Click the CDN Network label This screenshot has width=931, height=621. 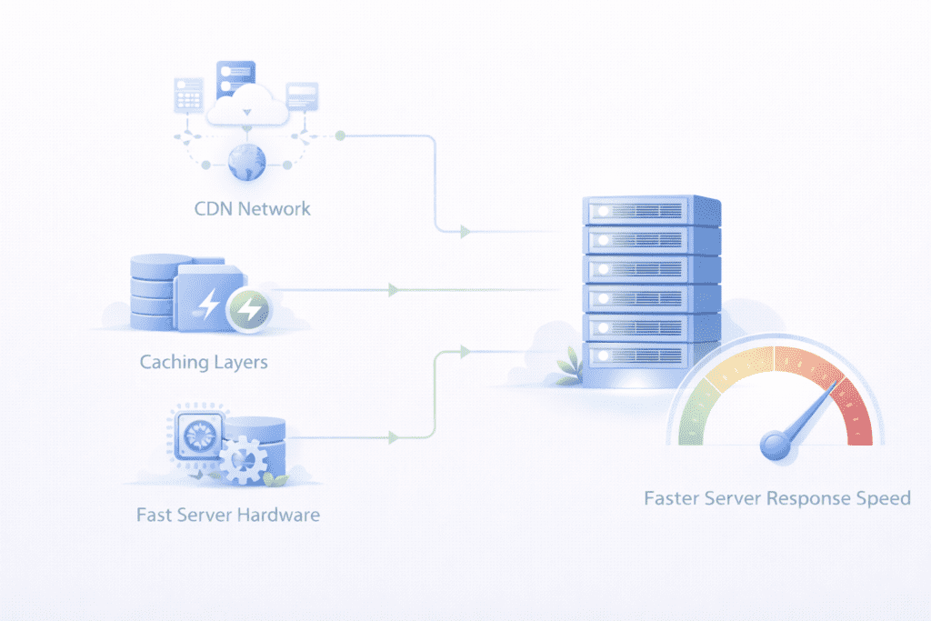[x=252, y=208]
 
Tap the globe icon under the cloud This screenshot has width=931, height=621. [x=245, y=164]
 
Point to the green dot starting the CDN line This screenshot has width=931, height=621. [x=340, y=135]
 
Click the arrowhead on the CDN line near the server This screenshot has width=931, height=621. [x=465, y=233]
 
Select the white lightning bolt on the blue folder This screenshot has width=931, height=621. [x=210, y=303]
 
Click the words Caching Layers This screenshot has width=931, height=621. [x=204, y=362]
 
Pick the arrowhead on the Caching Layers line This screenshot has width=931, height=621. [x=393, y=290]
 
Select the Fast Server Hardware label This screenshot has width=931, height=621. [x=227, y=515]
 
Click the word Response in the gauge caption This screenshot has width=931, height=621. [x=806, y=498]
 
